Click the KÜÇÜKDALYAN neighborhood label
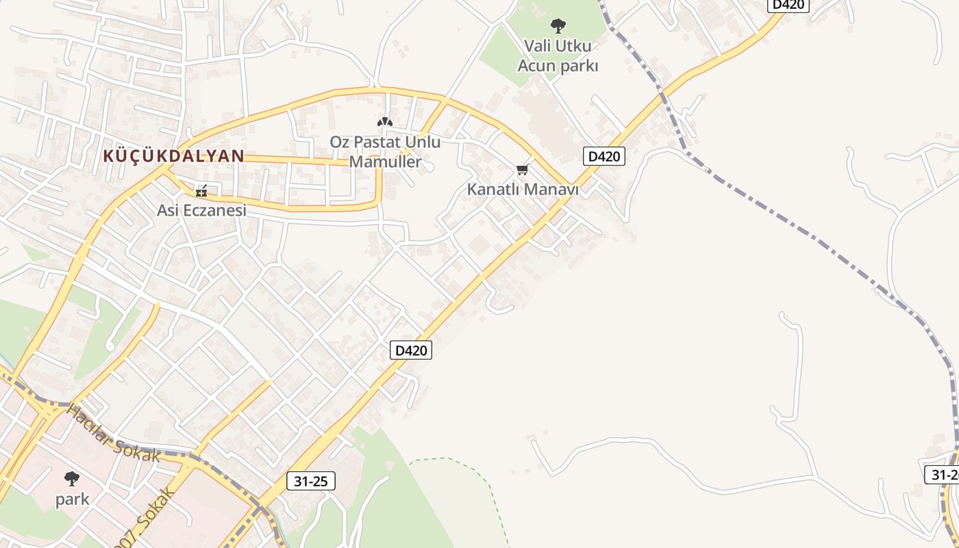pyautogui.click(x=173, y=155)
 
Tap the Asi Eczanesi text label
pyautogui.click(x=201, y=210)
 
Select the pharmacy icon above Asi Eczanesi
pyautogui.click(x=201, y=191)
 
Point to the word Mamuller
pyautogui.click(x=385, y=162)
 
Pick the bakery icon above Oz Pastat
pyautogui.click(x=385, y=122)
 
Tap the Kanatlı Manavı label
pyautogui.click(x=523, y=189)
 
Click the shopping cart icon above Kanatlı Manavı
pyautogui.click(x=523, y=169)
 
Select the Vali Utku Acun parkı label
pyautogui.click(x=558, y=55)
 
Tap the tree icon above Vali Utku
pyautogui.click(x=558, y=26)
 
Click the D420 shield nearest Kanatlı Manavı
pyautogui.click(x=603, y=156)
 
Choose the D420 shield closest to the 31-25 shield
pyautogui.click(x=411, y=350)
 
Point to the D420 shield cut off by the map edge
pyautogui.click(x=788, y=5)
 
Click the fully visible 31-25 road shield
pyautogui.click(x=310, y=481)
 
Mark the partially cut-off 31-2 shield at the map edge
pyautogui.click(x=943, y=475)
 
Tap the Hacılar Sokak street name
pyautogui.click(x=114, y=433)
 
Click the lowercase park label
pyautogui.click(x=72, y=499)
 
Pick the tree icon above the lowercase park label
pyautogui.click(x=72, y=478)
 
